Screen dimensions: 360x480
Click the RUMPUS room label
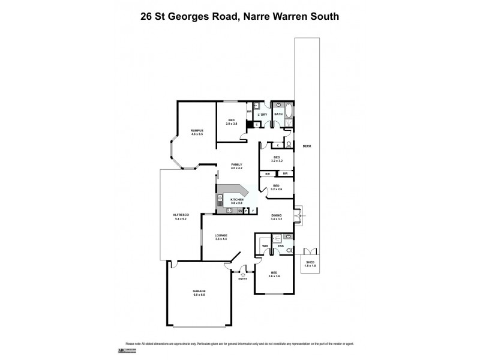pos(197,131)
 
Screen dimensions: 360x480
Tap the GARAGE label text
pos(199,291)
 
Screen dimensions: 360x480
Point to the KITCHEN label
pos(237,199)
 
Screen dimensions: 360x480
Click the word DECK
pos(307,146)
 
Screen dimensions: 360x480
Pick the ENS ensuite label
pos(280,245)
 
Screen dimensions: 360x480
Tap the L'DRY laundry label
pos(262,114)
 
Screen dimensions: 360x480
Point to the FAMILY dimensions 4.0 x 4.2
pos(237,168)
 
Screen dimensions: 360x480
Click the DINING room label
pos(276,215)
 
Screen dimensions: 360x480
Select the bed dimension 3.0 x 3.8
pos(232,124)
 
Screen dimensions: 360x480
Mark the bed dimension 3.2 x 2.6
pos(277,189)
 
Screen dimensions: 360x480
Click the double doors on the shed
pos(310,251)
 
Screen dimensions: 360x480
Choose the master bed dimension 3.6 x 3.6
pos(274,276)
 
